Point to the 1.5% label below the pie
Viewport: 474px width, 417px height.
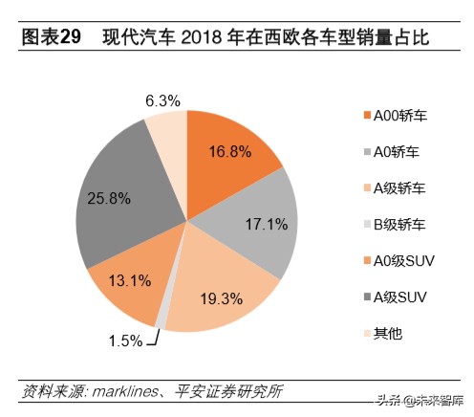pyautogui.click(x=124, y=340)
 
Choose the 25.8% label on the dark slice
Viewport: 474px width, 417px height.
pyautogui.click(x=106, y=199)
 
